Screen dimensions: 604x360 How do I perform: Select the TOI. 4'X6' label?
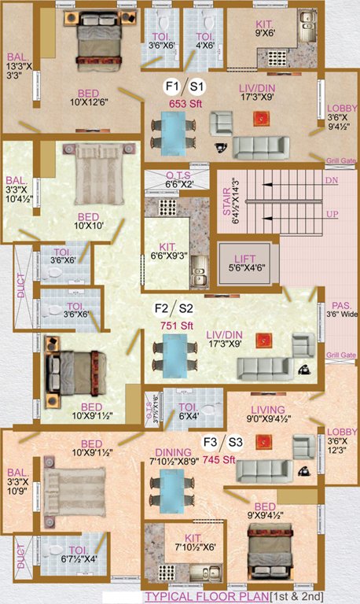coord(205,40)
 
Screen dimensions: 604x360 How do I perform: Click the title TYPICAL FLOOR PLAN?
coord(204,597)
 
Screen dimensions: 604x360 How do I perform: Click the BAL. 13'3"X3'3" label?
coord(19,67)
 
